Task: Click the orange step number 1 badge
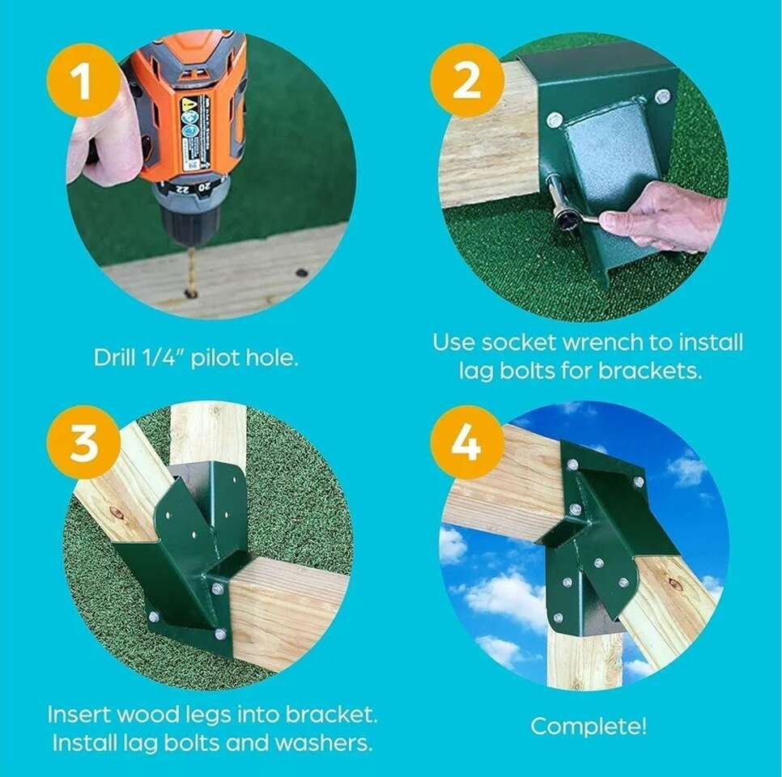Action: point(84,80)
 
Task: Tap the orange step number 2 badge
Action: point(467,80)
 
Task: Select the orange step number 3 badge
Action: point(84,442)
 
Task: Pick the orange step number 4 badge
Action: point(467,442)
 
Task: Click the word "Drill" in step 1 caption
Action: point(114,357)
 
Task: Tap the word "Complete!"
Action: point(589,726)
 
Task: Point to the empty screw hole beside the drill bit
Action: point(301,274)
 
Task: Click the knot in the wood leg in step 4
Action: point(674,584)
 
